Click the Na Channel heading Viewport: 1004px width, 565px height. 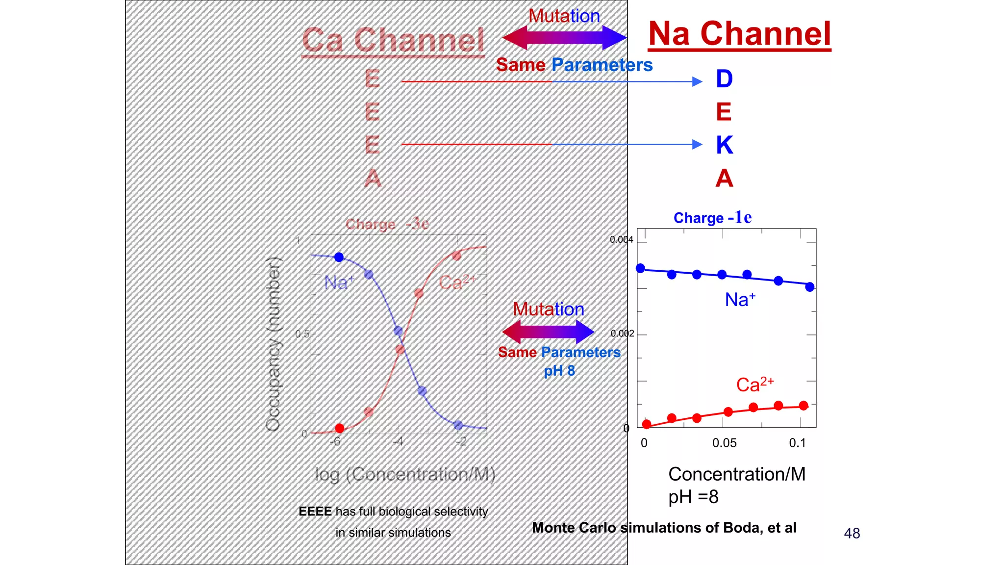[x=739, y=34]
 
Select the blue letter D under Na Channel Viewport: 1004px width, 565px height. [x=724, y=79]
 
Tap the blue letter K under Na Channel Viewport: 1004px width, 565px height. [x=724, y=145]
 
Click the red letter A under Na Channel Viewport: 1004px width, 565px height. [x=724, y=178]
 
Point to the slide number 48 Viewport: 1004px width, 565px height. [x=852, y=533]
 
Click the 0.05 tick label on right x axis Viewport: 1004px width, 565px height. [x=724, y=443]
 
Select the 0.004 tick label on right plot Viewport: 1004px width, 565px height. [x=621, y=240]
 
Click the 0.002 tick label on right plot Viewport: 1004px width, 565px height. [x=622, y=334]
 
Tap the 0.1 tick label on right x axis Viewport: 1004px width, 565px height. [x=797, y=443]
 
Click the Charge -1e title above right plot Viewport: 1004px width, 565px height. [x=712, y=218]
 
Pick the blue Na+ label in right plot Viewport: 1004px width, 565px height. [x=740, y=300]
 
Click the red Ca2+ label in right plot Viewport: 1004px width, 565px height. [x=754, y=385]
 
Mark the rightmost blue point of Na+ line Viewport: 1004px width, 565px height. [x=810, y=287]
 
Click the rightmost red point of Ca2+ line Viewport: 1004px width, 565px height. [x=803, y=406]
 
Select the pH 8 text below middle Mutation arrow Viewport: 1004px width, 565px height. [x=559, y=371]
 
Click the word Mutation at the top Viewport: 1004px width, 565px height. [x=564, y=16]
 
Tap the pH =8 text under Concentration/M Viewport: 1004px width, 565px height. [x=693, y=497]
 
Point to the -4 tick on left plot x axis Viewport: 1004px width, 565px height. [x=398, y=442]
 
